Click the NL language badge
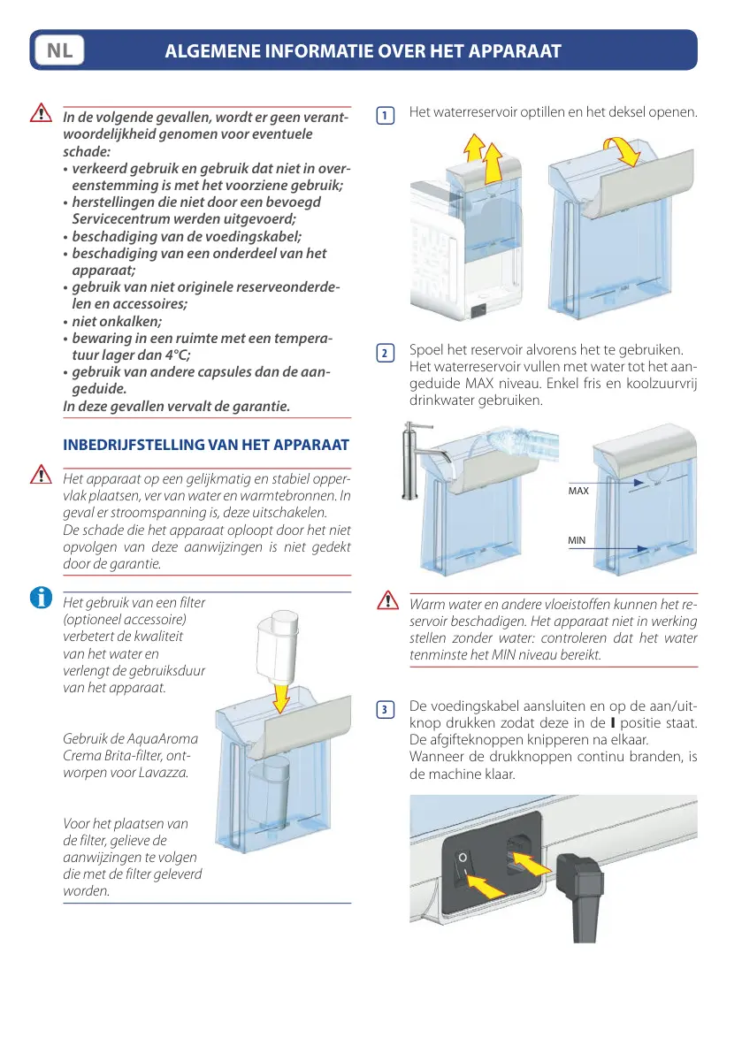pyautogui.click(x=60, y=50)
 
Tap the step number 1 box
pyautogui.click(x=385, y=116)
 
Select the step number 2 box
pyautogui.click(x=385, y=354)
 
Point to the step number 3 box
pyautogui.click(x=385, y=710)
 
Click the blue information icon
pyautogui.click(x=41, y=597)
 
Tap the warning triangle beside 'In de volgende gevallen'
pyautogui.click(x=41, y=113)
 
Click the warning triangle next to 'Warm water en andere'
pyautogui.click(x=387, y=599)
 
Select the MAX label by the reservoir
pyautogui.click(x=578, y=491)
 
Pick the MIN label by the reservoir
pyautogui.click(x=576, y=540)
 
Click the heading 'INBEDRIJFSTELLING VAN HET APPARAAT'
pyautogui.click(x=206, y=445)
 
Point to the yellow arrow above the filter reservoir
pyautogui.click(x=281, y=697)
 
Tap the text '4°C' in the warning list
pyautogui.click(x=177, y=355)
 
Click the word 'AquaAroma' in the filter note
pyautogui.click(x=164, y=739)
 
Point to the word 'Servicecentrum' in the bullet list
pyautogui.click(x=121, y=219)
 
